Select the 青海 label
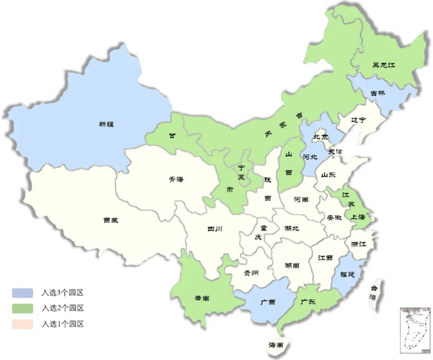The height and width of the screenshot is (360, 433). [176, 184]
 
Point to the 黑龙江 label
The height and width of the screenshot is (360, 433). [383, 65]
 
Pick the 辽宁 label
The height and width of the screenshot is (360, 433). [358, 120]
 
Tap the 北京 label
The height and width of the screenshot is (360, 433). [321, 136]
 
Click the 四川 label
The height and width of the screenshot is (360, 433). [215, 230]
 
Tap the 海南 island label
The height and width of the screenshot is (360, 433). [276, 345]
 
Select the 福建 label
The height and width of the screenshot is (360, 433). [347, 274]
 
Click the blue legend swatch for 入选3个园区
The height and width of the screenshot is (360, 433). [22, 293]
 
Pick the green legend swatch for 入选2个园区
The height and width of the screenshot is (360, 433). [22, 308]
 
